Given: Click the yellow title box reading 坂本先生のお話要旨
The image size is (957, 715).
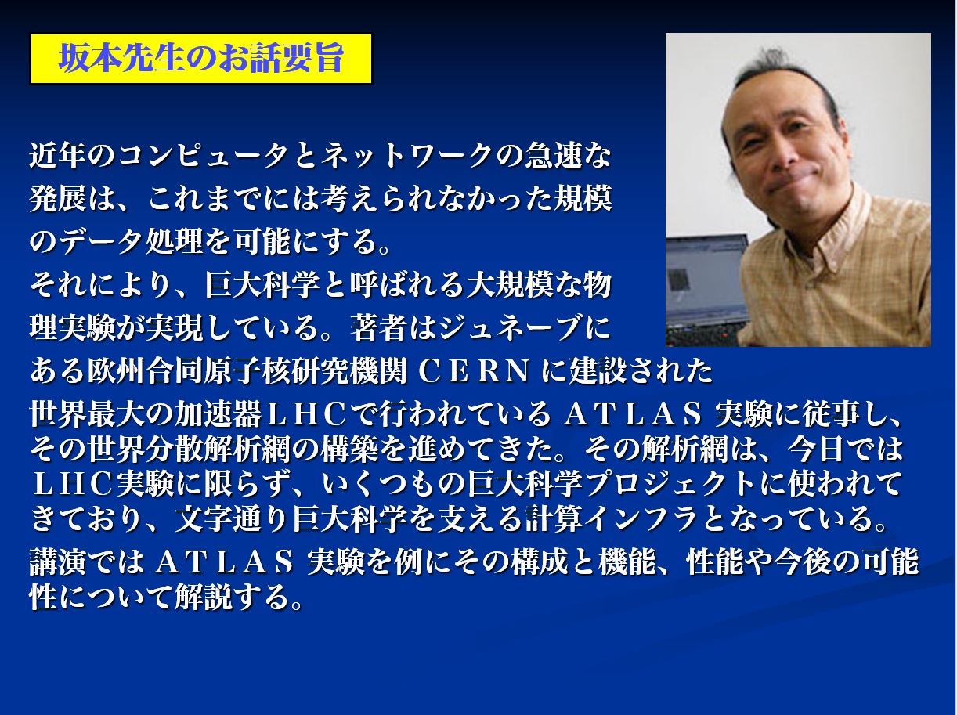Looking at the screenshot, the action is pos(201,59).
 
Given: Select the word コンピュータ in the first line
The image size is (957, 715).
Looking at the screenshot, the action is pos(204,156).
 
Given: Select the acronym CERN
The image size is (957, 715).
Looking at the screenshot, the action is pos(474,371).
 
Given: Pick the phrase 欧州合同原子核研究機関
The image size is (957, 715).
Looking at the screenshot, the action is pos(247,371).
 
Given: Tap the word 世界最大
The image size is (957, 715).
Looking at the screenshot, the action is pos(87,413).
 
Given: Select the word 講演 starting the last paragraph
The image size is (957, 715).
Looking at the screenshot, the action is pos(59,562).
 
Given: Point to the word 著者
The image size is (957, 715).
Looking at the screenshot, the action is pos(378,328).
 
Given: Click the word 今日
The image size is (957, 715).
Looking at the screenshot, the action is pos(815,449).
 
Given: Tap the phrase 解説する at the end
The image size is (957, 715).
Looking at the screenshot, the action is pos(233,597).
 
